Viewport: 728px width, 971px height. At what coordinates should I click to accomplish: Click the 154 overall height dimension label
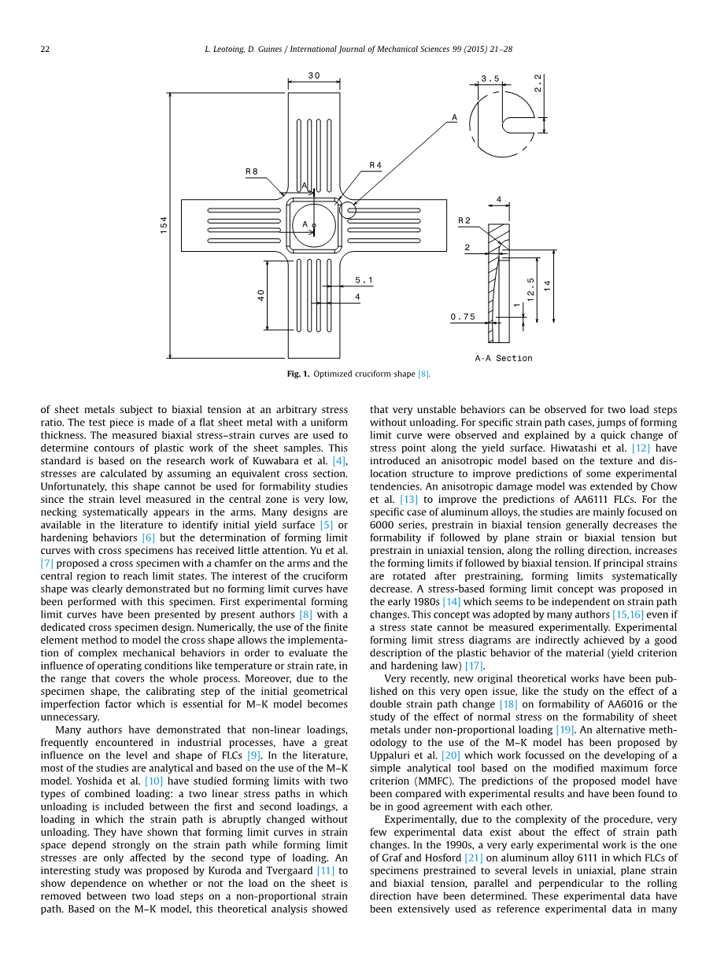pyautogui.click(x=164, y=224)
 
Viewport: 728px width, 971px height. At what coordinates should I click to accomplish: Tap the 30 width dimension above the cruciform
pyautogui.click(x=314, y=76)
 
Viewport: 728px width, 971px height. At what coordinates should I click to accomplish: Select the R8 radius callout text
pyautogui.click(x=252, y=171)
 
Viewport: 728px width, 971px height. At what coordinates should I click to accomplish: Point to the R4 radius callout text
pyautogui.click(x=375, y=165)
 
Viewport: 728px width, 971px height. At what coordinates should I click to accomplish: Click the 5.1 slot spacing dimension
pyautogui.click(x=364, y=280)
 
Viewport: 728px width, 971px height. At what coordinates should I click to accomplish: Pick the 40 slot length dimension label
pyautogui.click(x=261, y=295)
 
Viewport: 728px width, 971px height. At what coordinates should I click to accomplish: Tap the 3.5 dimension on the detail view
pyautogui.click(x=490, y=79)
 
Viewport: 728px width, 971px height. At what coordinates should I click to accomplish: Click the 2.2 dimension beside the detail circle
pyautogui.click(x=537, y=83)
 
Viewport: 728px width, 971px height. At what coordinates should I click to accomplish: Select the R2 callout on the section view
pyautogui.click(x=464, y=220)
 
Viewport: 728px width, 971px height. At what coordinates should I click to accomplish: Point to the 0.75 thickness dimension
pyautogui.click(x=463, y=317)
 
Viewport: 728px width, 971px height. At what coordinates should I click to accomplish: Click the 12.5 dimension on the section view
pyautogui.click(x=531, y=289)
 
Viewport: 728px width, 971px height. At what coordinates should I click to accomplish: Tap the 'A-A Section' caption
pyautogui.click(x=504, y=358)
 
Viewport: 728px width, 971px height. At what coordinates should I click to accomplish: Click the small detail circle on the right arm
pyautogui.click(x=348, y=210)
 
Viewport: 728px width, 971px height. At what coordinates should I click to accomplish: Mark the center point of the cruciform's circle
pyautogui.click(x=313, y=227)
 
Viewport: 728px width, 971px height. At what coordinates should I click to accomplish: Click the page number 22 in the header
pyautogui.click(x=45, y=49)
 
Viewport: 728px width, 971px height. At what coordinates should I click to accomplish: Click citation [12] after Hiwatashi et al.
pyautogui.click(x=642, y=448)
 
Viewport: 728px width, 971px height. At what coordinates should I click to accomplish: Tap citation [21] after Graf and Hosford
pyautogui.click(x=474, y=858)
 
